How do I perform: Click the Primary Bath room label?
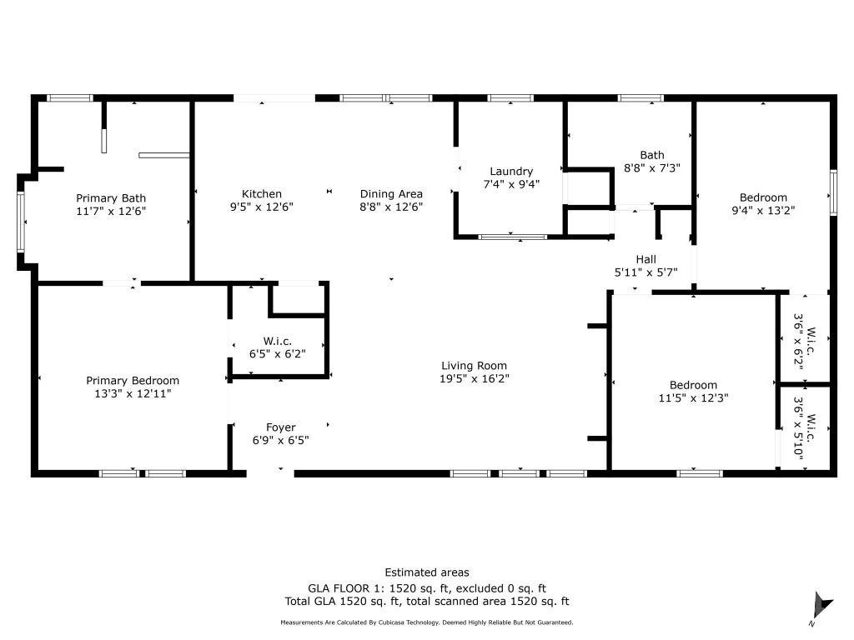click(111, 198)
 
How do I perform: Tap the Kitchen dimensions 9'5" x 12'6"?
click(261, 207)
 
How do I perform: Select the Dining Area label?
click(391, 193)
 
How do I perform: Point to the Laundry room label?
click(511, 172)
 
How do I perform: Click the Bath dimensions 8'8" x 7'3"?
click(652, 168)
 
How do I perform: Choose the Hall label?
click(646, 259)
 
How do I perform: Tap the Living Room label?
click(474, 366)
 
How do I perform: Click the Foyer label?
click(280, 427)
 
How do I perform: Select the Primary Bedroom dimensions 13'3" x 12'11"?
click(133, 393)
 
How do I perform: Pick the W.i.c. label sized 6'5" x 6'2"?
click(278, 341)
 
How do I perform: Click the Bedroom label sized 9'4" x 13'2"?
click(763, 197)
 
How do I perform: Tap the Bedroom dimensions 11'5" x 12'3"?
click(693, 397)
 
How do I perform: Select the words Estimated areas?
click(427, 572)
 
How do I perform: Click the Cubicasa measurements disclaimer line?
click(426, 622)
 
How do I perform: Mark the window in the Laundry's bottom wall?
click(513, 237)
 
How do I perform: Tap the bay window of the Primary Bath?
click(21, 222)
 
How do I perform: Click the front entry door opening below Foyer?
click(270, 474)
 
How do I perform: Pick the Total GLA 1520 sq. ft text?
click(343, 602)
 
